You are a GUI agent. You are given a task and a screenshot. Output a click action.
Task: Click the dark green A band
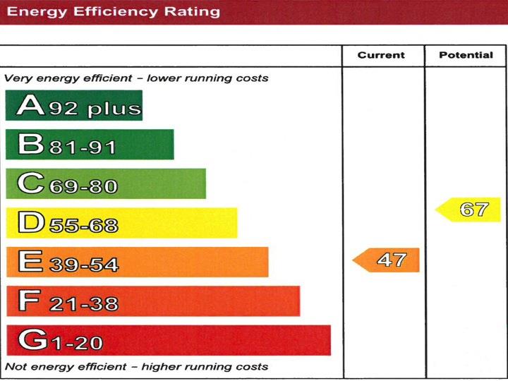click(74, 105)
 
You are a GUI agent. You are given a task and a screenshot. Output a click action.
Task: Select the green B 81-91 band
click(90, 145)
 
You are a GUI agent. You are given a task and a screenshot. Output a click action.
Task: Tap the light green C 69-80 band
click(106, 183)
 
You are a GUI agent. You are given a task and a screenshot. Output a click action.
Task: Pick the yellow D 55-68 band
click(121, 223)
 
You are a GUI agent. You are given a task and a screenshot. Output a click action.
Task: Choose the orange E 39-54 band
click(137, 262)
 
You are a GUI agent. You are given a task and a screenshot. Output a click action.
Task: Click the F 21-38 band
click(153, 301)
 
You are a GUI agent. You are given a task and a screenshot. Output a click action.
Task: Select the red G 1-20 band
click(169, 340)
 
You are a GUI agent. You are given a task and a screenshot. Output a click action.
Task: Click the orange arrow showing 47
click(387, 260)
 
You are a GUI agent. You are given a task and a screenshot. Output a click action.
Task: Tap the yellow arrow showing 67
click(468, 210)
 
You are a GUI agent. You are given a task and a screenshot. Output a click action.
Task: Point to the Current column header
click(381, 55)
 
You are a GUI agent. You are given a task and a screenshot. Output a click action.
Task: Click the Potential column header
click(466, 55)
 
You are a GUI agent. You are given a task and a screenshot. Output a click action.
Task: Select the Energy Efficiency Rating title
click(113, 11)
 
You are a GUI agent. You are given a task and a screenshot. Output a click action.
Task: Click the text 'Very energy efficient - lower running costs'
click(136, 78)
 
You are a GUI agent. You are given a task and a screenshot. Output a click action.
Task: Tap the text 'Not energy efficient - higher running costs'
click(136, 367)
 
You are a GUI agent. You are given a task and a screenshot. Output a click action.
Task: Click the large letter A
click(31, 106)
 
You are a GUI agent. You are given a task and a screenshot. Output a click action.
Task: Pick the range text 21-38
click(83, 304)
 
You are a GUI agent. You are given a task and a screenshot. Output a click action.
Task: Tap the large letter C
click(32, 184)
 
